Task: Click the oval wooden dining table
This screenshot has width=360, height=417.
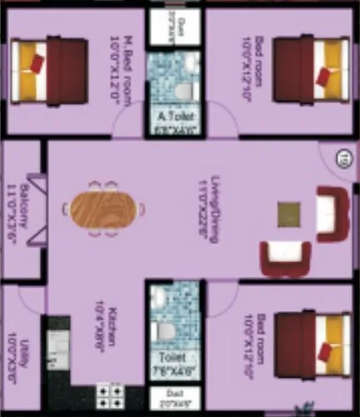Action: [x=105, y=208]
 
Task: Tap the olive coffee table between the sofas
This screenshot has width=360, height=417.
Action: [x=289, y=214]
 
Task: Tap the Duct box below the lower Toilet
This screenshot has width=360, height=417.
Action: [x=175, y=397]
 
